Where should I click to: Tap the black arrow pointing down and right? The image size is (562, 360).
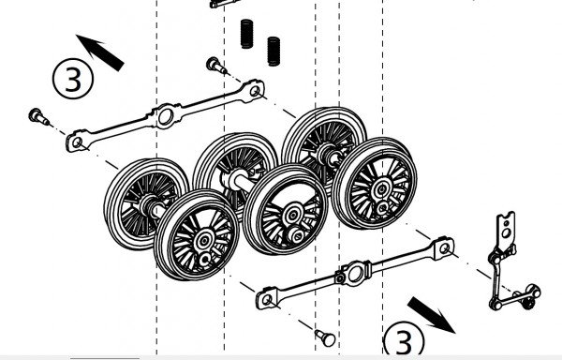point(433,314)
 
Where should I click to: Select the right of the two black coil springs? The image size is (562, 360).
point(274,50)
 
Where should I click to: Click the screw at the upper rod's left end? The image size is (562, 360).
point(38,116)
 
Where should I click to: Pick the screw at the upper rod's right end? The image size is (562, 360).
point(214,66)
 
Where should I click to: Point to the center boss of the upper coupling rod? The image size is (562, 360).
point(165,116)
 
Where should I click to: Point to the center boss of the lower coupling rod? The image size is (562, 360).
point(353,274)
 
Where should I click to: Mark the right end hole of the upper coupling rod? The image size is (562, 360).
point(253,90)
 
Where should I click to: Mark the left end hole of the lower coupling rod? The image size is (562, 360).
point(266,300)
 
